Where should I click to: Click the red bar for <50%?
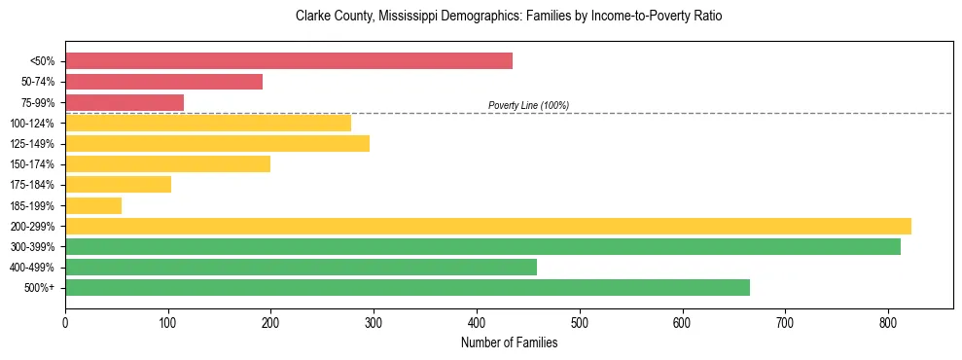(289, 61)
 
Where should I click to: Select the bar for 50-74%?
(163, 82)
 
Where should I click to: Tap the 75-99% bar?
(125, 102)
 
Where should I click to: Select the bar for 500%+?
(408, 287)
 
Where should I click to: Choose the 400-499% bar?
(301, 267)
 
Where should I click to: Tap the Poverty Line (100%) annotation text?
(528, 105)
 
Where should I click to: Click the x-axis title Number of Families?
(509, 342)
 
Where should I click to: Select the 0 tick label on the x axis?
(65, 322)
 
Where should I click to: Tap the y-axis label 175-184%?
(32, 185)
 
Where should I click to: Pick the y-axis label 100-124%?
(32, 124)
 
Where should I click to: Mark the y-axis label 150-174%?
(32, 164)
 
